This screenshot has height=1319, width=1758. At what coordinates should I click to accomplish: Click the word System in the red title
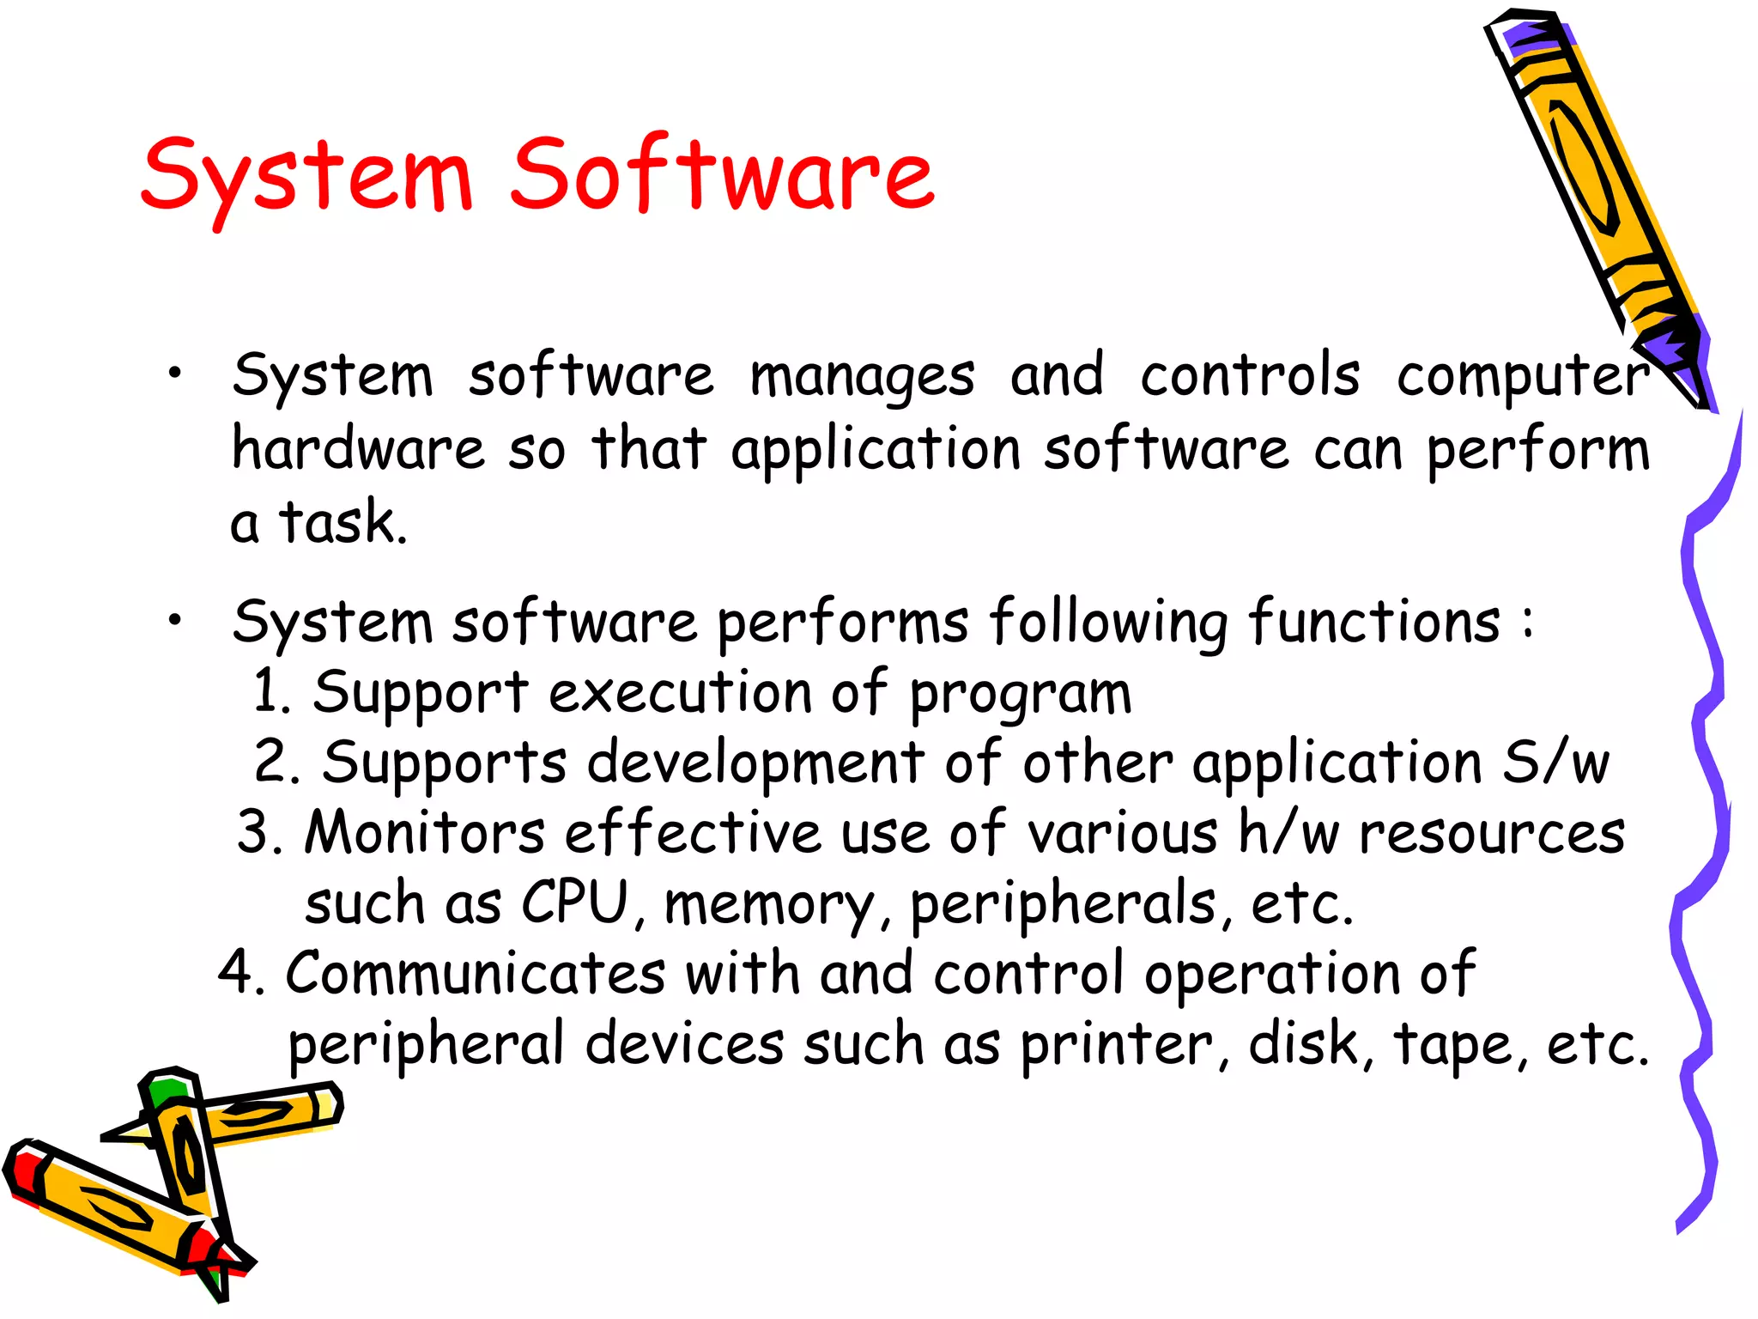(x=307, y=177)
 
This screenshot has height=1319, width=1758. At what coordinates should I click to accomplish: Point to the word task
(x=341, y=522)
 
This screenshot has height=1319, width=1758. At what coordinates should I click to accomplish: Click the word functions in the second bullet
(x=1374, y=622)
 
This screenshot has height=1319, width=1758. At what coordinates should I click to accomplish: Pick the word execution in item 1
(x=680, y=692)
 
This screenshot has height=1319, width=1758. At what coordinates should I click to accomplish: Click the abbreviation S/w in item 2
(x=1555, y=763)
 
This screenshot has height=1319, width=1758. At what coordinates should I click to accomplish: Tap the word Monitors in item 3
(x=425, y=832)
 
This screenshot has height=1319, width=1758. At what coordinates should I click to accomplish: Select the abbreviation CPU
(x=575, y=903)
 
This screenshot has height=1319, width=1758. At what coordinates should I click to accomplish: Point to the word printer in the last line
(x=1116, y=1046)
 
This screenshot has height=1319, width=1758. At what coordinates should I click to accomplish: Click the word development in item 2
(x=755, y=764)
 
